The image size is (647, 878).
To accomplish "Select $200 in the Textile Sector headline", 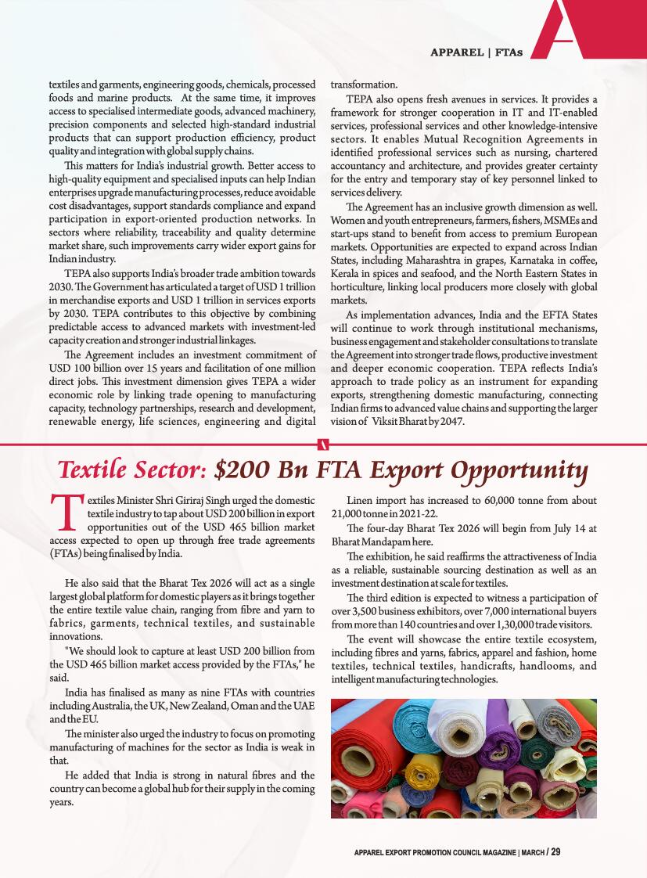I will [241, 470].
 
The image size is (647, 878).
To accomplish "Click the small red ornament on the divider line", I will [323, 445].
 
